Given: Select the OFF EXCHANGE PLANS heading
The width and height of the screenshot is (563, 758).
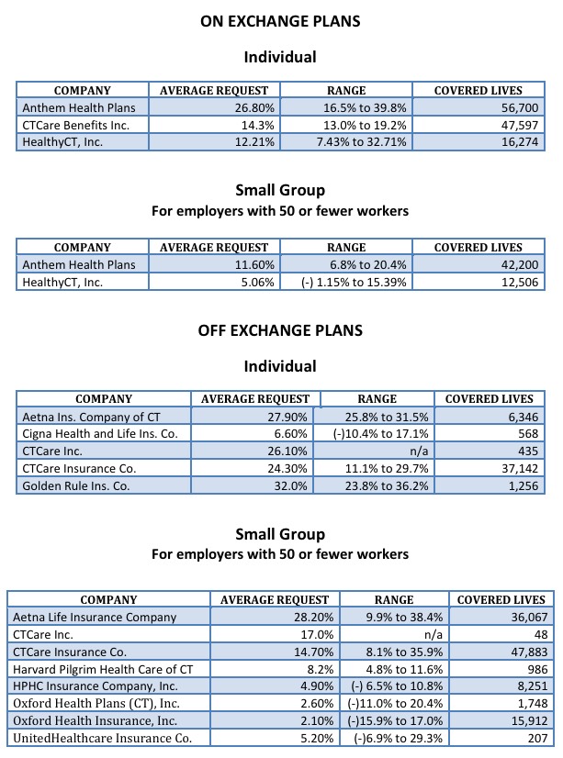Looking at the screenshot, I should click(x=280, y=330).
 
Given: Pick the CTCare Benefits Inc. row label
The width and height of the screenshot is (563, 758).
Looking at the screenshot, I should click(x=76, y=125).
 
